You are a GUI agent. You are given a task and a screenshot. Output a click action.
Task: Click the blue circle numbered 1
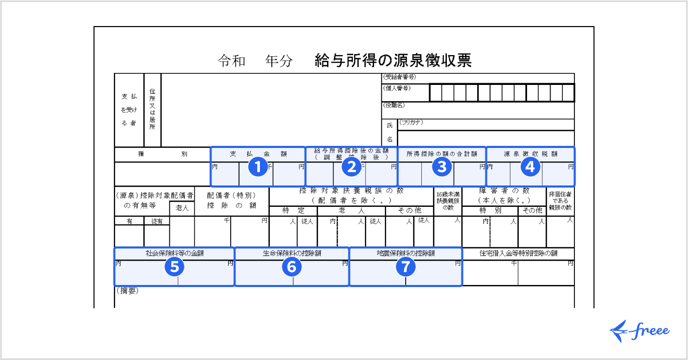point(257,167)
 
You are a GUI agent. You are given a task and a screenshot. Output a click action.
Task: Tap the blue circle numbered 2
point(352,167)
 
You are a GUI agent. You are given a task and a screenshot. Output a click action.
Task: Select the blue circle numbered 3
point(442,167)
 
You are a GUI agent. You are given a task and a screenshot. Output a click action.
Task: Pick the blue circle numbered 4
point(530,167)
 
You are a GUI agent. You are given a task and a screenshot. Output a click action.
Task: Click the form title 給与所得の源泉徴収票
point(393,61)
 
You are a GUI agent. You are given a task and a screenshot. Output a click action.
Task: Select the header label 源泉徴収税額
point(530,154)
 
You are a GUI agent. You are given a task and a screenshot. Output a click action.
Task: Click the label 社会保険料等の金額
point(174,253)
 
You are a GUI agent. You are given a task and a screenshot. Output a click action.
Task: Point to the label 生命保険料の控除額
point(292,253)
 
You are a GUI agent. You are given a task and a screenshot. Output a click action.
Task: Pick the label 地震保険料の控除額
point(406,253)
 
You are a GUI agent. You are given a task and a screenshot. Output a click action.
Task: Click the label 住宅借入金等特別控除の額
point(518,253)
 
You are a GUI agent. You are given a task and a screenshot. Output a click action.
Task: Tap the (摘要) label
point(128,291)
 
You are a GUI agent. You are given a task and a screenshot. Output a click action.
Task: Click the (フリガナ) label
point(411,122)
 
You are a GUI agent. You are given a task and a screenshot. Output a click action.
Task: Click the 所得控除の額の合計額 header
point(442,154)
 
